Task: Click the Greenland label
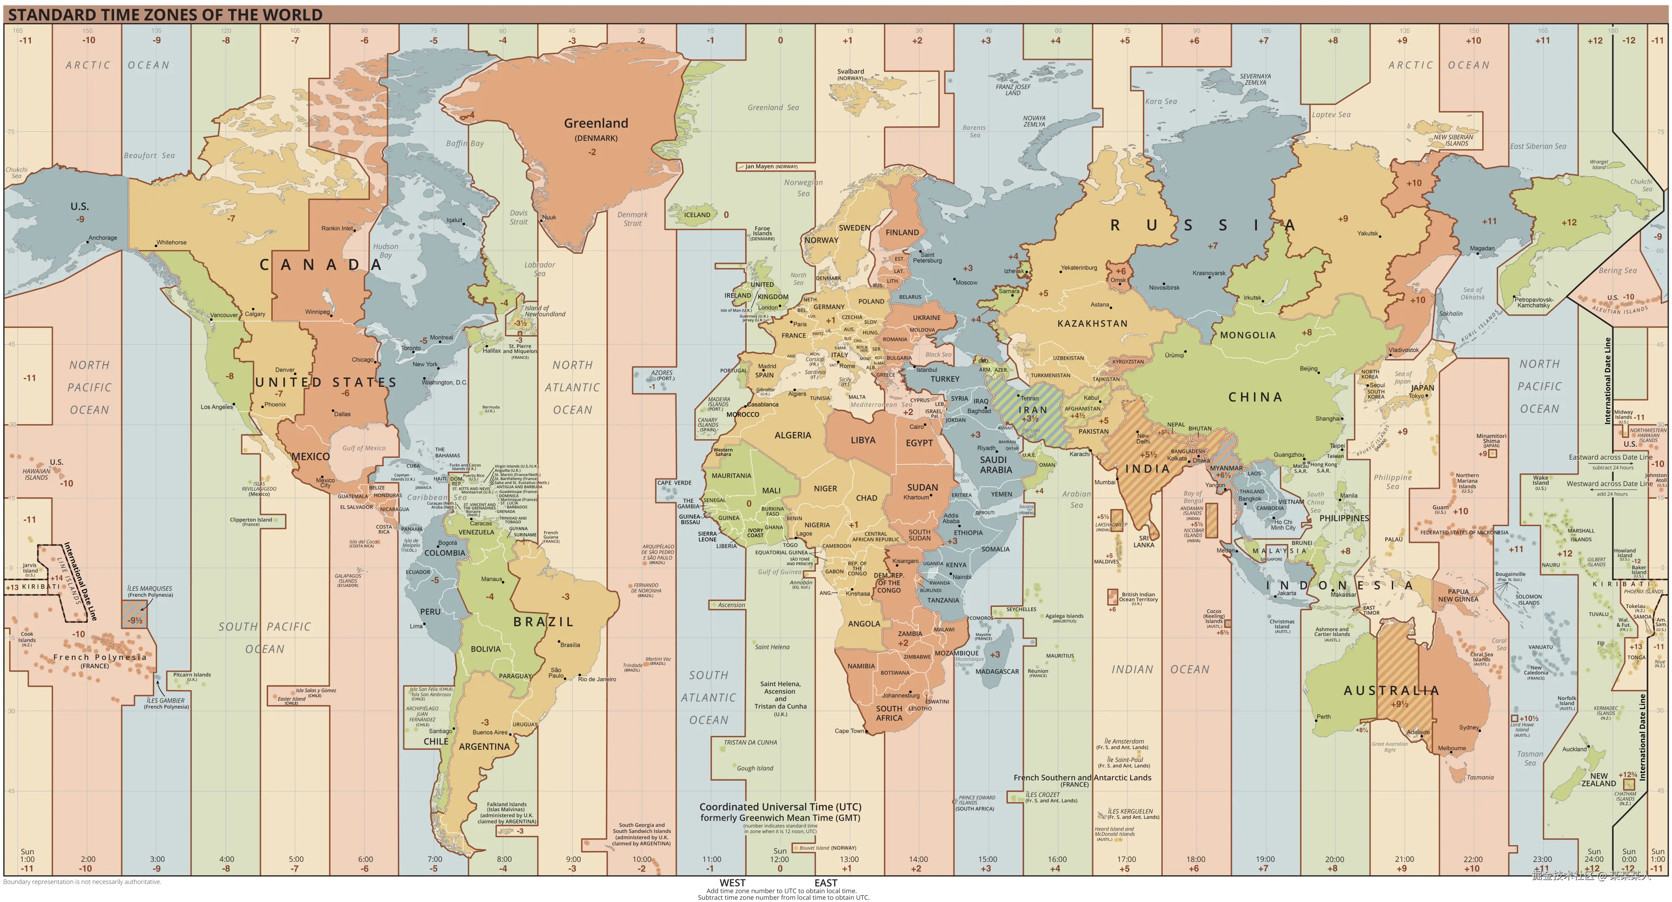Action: pos(595,123)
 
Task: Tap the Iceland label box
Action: pos(697,215)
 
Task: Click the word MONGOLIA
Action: pos(1247,335)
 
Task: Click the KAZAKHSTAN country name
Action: pos(1092,323)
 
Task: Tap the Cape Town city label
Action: pos(849,731)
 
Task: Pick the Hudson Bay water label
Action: pos(385,250)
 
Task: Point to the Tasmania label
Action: pos(1480,777)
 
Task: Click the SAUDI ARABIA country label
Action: pos(996,464)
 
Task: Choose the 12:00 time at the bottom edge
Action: pos(780,859)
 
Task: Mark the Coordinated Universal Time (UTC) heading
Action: pos(780,807)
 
